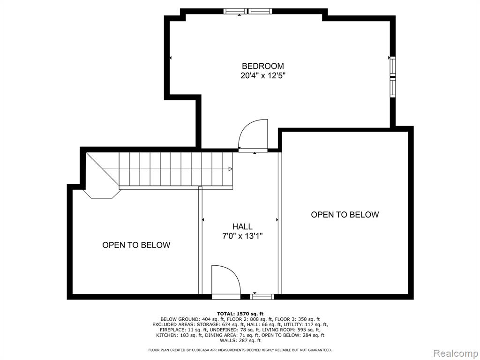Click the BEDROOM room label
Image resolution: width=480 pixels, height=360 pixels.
pyautogui.click(x=262, y=66)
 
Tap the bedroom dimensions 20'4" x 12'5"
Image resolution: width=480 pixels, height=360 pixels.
pyautogui.click(x=262, y=75)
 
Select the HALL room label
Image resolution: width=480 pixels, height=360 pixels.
pyautogui.click(x=242, y=226)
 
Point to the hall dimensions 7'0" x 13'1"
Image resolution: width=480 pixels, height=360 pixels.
pyautogui.click(x=242, y=236)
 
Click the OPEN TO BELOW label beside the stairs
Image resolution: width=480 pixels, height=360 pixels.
pyautogui.click(x=136, y=245)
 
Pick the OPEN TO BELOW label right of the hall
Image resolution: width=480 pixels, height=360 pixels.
pyautogui.click(x=345, y=215)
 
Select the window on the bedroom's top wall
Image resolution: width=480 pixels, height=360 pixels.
pyautogui.click(x=247, y=11)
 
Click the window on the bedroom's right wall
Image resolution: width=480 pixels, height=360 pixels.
pyautogui.click(x=392, y=76)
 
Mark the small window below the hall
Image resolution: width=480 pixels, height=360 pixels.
pyautogui.click(x=262, y=297)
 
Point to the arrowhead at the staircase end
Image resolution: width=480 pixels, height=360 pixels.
pyautogui.click(x=230, y=169)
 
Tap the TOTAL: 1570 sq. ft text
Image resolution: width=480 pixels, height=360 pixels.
pyautogui.click(x=240, y=314)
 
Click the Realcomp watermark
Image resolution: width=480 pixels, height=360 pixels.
pyautogui.click(x=456, y=353)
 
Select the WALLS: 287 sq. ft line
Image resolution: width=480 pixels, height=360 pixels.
pyautogui.click(x=240, y=340)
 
